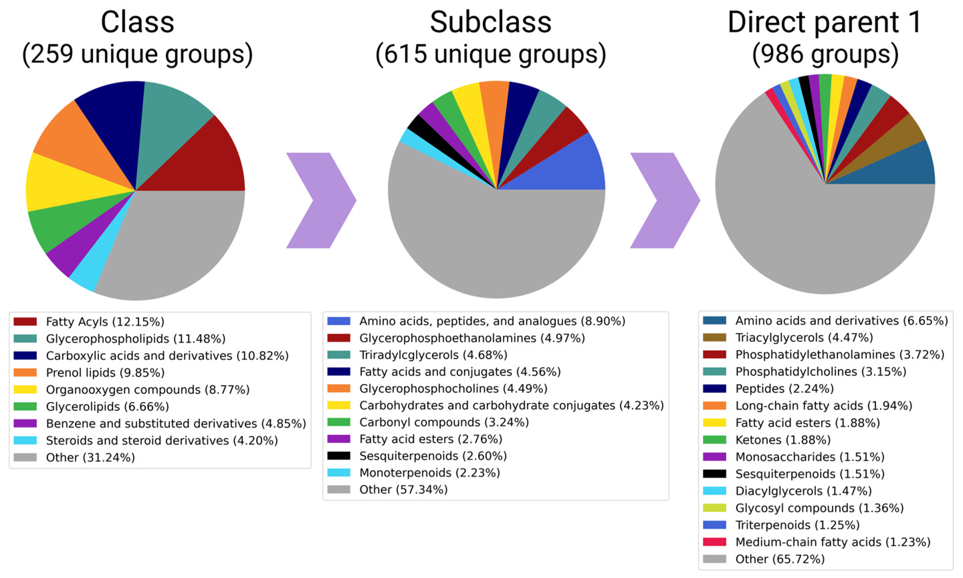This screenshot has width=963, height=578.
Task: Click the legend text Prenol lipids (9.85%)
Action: click(105, 373)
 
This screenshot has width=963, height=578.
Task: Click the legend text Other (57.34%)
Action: click(403, 489)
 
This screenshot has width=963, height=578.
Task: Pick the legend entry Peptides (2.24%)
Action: click(784, 389)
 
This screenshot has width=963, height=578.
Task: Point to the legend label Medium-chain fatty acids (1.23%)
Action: click(833, 542)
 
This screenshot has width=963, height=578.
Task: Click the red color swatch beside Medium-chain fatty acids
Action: click(714, 542)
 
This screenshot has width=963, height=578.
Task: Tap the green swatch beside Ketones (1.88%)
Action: click(714, 440)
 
